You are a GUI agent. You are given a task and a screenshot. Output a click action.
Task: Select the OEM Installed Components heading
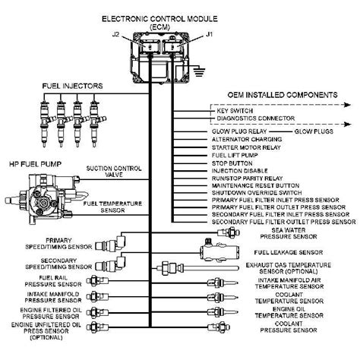tap(278, 95)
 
